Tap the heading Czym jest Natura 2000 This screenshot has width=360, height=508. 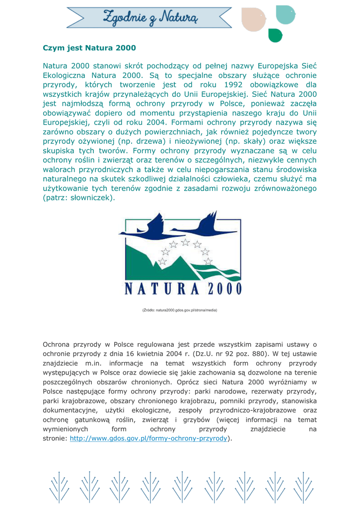[x=89, y=49]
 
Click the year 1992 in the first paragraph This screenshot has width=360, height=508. [x=233, y=84]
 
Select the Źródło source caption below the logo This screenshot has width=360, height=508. [x=180, y=311]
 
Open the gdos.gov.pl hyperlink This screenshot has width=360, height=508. [x=148, y=439]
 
